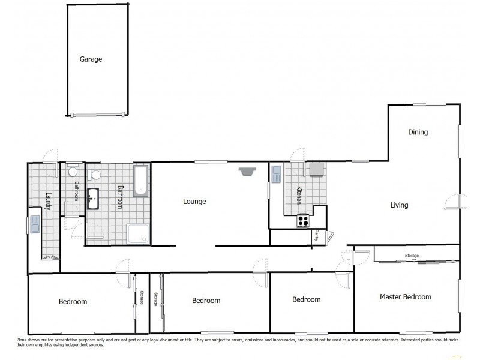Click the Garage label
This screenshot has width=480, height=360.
(x=91, y=59)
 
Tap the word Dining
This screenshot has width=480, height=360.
(x=418, y=132)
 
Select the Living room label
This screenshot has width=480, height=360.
(x=399, y=205)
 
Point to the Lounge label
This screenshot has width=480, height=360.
(x=194, y=202)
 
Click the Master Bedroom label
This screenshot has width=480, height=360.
(x=406, y=297)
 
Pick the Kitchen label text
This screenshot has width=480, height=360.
(x=298, y=196)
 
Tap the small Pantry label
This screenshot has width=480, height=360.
(x=316, y=236)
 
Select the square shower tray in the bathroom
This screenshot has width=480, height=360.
(x=138, y=233)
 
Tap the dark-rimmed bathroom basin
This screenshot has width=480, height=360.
(x=93, y=199)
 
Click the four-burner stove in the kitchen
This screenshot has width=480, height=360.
(x=303, y=221)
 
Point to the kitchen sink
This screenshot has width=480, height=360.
(x=276, y=174)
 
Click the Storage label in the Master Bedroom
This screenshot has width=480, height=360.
(x=412, y=256)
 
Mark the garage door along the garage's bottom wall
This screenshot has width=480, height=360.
(x=97, y=115)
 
